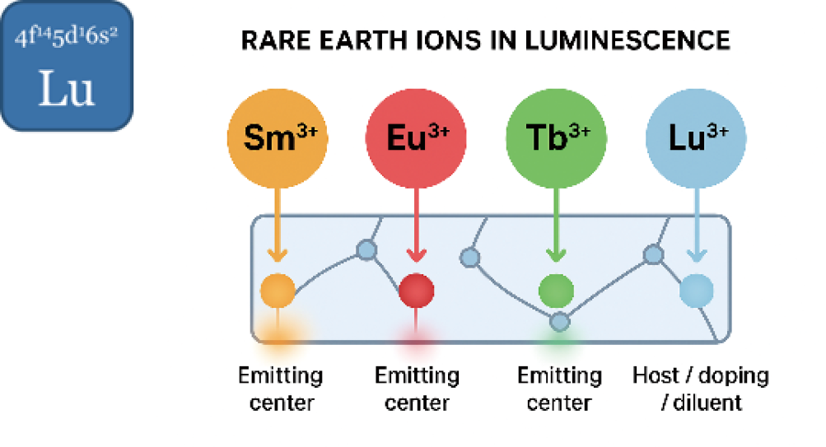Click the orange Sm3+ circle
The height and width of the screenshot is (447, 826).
coord(278,137)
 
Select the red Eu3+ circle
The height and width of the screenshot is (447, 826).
coord(416,137)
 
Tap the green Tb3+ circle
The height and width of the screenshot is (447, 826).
coord(557,137)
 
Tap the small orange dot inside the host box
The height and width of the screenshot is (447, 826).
coord(278,291)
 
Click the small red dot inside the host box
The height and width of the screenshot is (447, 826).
coord(416,290)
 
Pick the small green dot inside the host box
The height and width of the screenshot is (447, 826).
coord(557,290)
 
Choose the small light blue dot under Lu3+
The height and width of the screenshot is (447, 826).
coord(697,290)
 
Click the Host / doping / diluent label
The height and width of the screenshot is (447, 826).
coord(700,389)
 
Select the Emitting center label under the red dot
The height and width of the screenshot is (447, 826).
coord(417,389)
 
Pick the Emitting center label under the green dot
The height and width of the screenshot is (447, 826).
coord(559,389)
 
